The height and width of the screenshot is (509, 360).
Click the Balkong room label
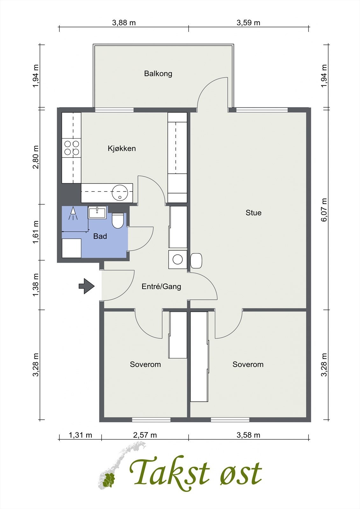[158, 73]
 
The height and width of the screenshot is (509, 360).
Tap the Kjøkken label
[122, 148]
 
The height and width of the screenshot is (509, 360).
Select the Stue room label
[253, 213]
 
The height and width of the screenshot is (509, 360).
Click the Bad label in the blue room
[100, 236]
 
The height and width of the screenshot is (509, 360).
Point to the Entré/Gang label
[161, 287]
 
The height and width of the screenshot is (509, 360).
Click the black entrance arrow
[87, 286]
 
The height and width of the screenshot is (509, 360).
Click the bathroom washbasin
[97, 213]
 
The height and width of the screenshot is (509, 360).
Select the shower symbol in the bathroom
[73, 213]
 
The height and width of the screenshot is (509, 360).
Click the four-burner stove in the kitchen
[72, 148]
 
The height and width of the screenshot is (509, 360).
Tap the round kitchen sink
[120, 193]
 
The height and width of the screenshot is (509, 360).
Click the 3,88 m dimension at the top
[124, 23]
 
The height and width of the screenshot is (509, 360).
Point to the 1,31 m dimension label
[81, 435]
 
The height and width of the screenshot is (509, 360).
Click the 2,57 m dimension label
[145, 435]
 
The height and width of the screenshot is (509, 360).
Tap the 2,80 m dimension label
[36, 157]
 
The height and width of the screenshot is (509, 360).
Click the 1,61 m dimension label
[36, 232]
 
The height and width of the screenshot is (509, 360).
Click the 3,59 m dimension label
[248, 23]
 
